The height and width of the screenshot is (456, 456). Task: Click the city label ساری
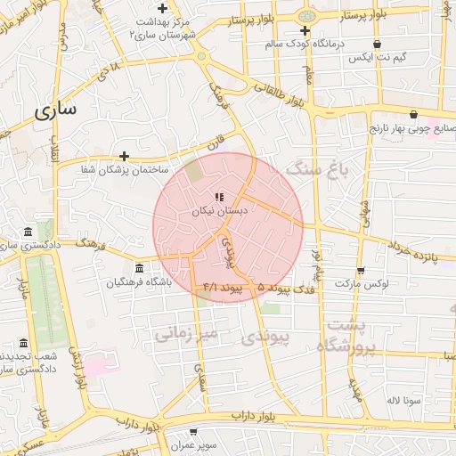click(55, 110)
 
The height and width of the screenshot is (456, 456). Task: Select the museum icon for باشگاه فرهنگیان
click(138, 268)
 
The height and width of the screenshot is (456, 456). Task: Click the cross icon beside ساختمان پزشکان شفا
click(124, 155)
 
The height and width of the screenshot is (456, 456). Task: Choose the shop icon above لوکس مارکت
click(360, 271)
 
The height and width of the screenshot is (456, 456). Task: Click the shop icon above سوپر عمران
click(192, 432)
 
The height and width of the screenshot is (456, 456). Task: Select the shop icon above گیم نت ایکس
click(378, 44)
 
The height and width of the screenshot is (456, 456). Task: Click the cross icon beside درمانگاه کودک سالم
click(305, 30)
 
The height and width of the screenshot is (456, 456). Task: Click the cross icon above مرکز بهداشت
click(162, 8)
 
